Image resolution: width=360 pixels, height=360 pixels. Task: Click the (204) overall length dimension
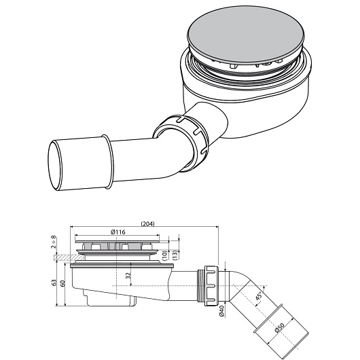(x=147, y=223)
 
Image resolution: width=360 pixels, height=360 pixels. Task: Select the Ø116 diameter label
(x=118, y=232)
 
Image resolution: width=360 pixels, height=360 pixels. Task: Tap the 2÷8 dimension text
(x=53, y=242)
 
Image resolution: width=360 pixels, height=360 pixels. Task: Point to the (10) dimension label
(x=165, y=255)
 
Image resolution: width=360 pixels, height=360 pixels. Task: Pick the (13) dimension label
(x=175, y=255)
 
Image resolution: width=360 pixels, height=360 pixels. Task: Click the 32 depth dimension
(x=128, y=276)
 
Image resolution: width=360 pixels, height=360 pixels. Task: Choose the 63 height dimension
(x=54, y=283)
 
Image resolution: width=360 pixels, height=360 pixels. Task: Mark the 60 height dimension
(x=62, y=283)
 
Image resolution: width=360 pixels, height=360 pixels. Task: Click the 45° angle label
(x=258, y=296)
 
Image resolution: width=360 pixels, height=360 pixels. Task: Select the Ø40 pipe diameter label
(x=221, y=311)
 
